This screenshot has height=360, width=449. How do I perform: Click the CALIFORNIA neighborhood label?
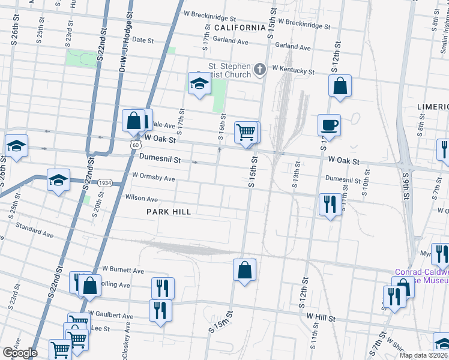tap(240, 28)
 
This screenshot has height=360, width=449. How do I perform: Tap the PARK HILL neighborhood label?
tap(169, 212)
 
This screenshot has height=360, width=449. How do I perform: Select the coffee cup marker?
tap(329, 126)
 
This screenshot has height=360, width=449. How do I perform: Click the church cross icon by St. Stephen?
tap(260, 70)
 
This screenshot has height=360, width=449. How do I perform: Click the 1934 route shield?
tap(105, 182)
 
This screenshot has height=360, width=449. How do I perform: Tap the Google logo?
tap(20, 353)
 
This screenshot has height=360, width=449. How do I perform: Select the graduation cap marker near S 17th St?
tap(199, 85)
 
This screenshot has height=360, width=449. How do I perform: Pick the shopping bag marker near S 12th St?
tap(340, 86)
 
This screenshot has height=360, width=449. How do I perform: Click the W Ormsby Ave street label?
tap(153, 178)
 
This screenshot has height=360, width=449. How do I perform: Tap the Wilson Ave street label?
tap(141, 199)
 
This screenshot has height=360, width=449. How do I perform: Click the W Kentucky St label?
tap(293, 70)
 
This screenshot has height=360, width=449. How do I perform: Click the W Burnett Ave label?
tap(123, 270)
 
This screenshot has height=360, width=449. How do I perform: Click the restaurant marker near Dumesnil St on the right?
tap(330, 205)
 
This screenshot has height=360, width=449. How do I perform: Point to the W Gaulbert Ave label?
tap(110, 314)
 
